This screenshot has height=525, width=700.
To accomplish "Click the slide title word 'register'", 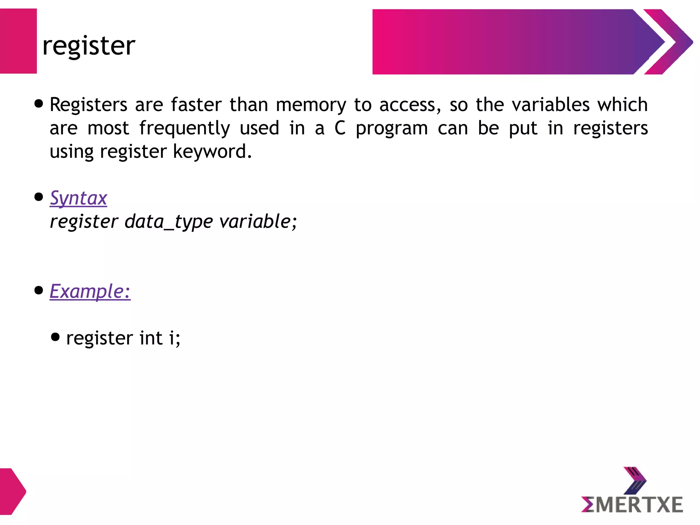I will (89, 46).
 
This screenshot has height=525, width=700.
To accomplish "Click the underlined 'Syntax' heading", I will (78, 198).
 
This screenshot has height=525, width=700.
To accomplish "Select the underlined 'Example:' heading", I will (90, 292).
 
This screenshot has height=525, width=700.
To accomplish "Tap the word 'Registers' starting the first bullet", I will (89, 105).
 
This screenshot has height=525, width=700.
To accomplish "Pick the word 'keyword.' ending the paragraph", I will (212, 151).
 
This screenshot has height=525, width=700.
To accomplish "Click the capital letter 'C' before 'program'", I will (340, 128).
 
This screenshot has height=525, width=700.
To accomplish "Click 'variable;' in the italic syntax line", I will (258, 221).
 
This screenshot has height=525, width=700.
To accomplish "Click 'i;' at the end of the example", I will (175, 338).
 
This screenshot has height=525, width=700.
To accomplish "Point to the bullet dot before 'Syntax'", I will (39, 197).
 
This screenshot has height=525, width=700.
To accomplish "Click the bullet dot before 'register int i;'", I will (55, 337).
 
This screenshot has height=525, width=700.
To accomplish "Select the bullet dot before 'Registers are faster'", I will (39, 104).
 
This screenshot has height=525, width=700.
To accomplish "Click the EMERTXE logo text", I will (632, 505).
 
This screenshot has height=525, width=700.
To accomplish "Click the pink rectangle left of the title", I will (18, 41).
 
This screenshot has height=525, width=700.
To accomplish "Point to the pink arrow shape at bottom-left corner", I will (12, 492).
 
